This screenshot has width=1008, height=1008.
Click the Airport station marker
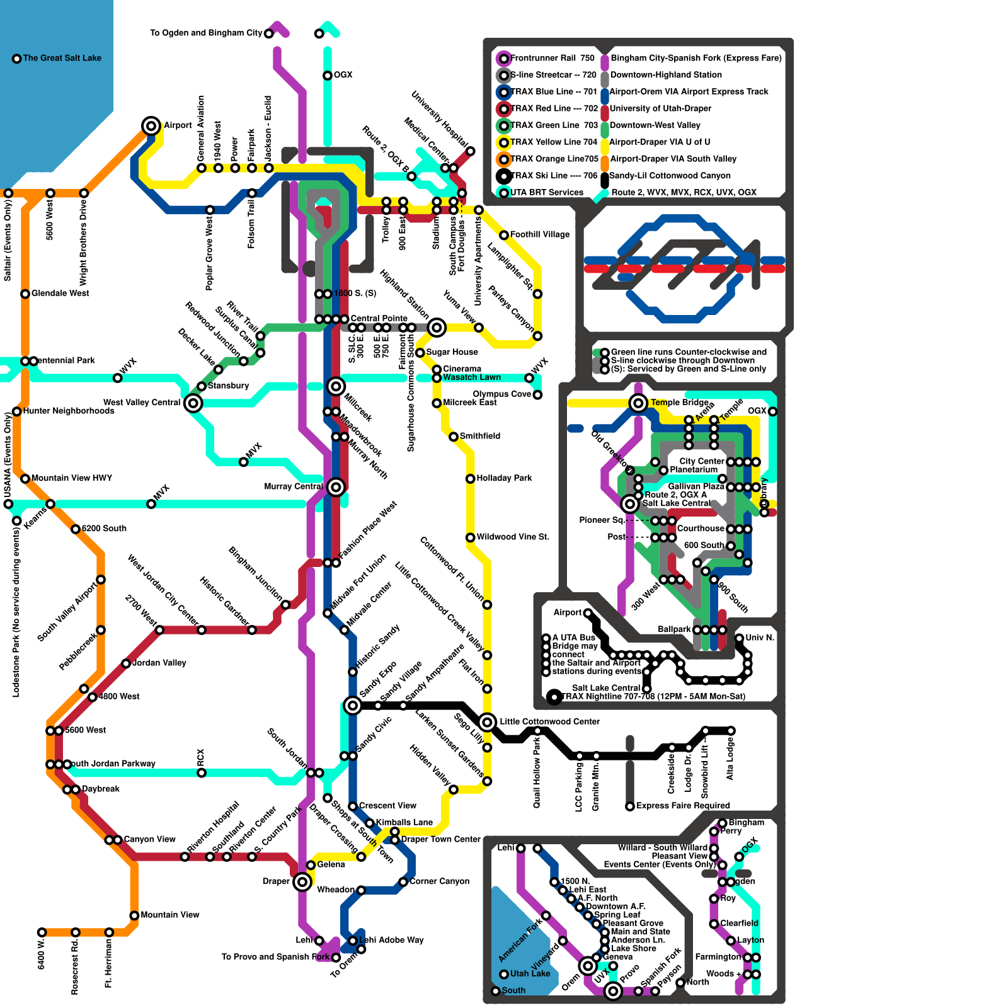(x=151, y=125)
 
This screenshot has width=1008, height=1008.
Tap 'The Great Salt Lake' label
(x=62, y=58)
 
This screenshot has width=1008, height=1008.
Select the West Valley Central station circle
(x=193, y=403)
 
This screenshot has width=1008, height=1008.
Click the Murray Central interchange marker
(x=336, y=486)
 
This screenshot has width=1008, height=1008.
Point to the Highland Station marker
(x=436, y=327)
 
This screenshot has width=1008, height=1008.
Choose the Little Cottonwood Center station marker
(x=487, y=722)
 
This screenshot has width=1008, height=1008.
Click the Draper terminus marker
(x=302, y=881)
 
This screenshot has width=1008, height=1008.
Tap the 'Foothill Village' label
(x=539, y=234)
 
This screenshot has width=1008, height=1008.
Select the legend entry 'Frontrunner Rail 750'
(x=552, y=58)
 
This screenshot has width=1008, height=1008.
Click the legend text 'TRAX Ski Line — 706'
(x=553, y=176)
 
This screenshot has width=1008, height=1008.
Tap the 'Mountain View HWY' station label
(x=71, y=478)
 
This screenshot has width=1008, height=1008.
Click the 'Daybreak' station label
(x=100, y=789)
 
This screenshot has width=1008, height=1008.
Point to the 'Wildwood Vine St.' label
(x=513, y=537)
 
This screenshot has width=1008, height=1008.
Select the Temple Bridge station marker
(x=638, y=403)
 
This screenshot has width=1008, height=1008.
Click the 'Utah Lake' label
(x=530, y=973)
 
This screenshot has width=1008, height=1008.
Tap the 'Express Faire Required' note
(x=683, y=806)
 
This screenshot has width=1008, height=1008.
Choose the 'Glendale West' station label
(x=60, y=293)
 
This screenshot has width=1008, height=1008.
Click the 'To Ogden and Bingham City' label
(x=206, y=33)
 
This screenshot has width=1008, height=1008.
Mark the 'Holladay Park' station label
(x=504, y=478)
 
